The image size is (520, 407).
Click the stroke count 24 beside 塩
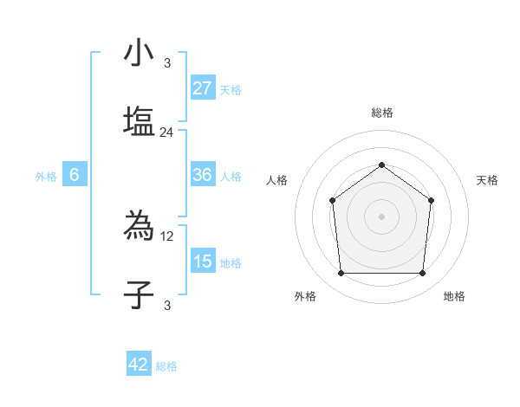click(167, 132)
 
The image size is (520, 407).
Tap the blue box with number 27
click(203, 88)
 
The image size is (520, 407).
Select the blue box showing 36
click(203, 175)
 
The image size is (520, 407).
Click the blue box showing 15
click(203, 262)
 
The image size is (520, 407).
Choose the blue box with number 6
click(75, 175)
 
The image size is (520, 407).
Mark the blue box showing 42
click(139, 365)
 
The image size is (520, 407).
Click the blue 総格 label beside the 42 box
click(166, 366)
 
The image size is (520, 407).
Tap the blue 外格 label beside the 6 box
click(46, 177)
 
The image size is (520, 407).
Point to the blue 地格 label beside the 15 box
click(231, 263)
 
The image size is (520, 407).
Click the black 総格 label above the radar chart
click(381, 113)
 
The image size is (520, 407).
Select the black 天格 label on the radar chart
click(487, 180)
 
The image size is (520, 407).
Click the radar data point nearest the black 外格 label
click(341, 274)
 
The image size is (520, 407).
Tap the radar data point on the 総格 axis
click(381, 165)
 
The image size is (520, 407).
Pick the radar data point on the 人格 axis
click(333, 201)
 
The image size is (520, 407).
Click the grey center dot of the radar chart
click(381, 216)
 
